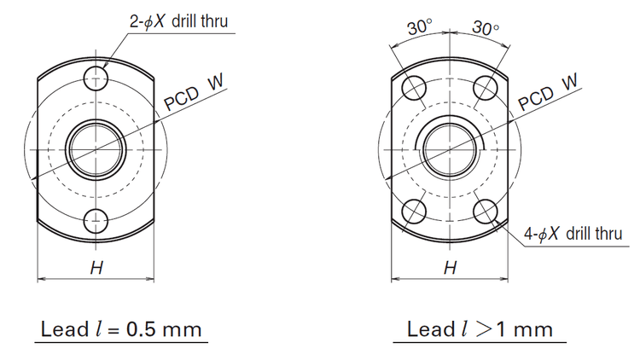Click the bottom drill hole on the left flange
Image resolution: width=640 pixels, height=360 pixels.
(96, 222)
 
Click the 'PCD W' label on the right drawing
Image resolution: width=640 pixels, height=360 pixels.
(548, 91)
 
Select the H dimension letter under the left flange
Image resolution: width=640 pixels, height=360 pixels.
(96, 268)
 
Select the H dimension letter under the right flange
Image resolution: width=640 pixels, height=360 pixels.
(450, 268)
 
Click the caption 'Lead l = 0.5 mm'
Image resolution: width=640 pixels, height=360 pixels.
(122, 329)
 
